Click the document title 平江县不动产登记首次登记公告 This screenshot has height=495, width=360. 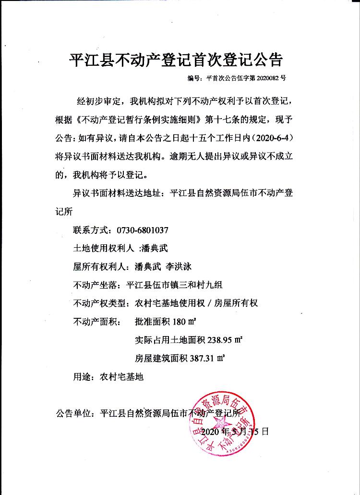pyautogui.click(x=176, y=59)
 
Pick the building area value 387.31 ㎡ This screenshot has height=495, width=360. pyautogui.click(x=207, y=358)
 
